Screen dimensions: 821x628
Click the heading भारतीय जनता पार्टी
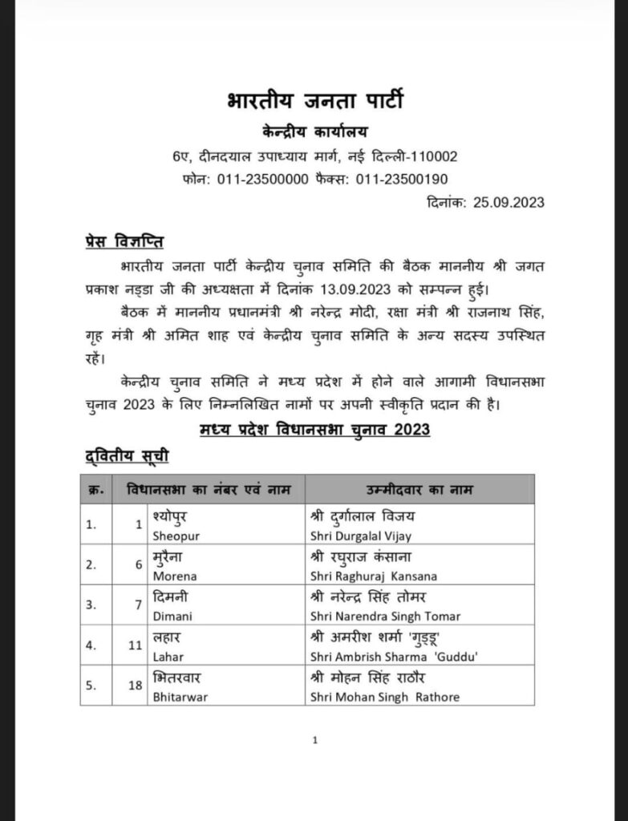(314, 103)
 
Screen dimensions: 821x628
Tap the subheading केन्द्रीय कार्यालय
(314, 131)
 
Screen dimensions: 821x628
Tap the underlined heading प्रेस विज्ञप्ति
(125, 241)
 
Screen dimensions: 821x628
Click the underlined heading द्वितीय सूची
(127, 456)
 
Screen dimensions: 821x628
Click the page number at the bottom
(315, 741)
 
